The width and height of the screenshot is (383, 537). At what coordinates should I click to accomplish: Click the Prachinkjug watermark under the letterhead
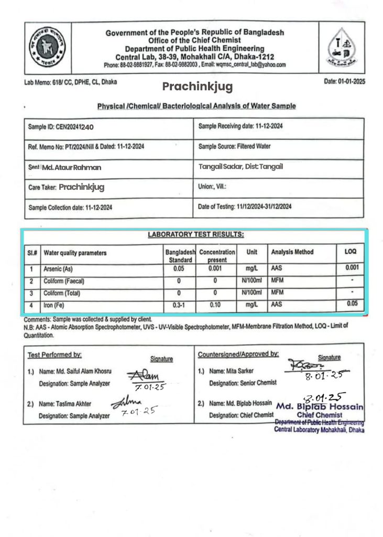pos(189,86)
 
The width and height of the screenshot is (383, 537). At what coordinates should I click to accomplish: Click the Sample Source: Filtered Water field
pos(235,146)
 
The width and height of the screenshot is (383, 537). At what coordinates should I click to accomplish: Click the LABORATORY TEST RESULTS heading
pos(195,234)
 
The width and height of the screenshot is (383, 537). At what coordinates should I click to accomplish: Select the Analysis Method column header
pos(292,252)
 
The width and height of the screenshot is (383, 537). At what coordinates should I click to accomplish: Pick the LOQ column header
pos(351,252)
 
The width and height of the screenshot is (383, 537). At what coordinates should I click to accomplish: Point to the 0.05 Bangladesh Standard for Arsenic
pos(179,268)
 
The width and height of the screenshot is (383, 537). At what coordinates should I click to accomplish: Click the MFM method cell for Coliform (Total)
pos(277,293)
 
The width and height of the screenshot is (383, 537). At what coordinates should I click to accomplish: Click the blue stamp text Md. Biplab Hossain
pos(320,407)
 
